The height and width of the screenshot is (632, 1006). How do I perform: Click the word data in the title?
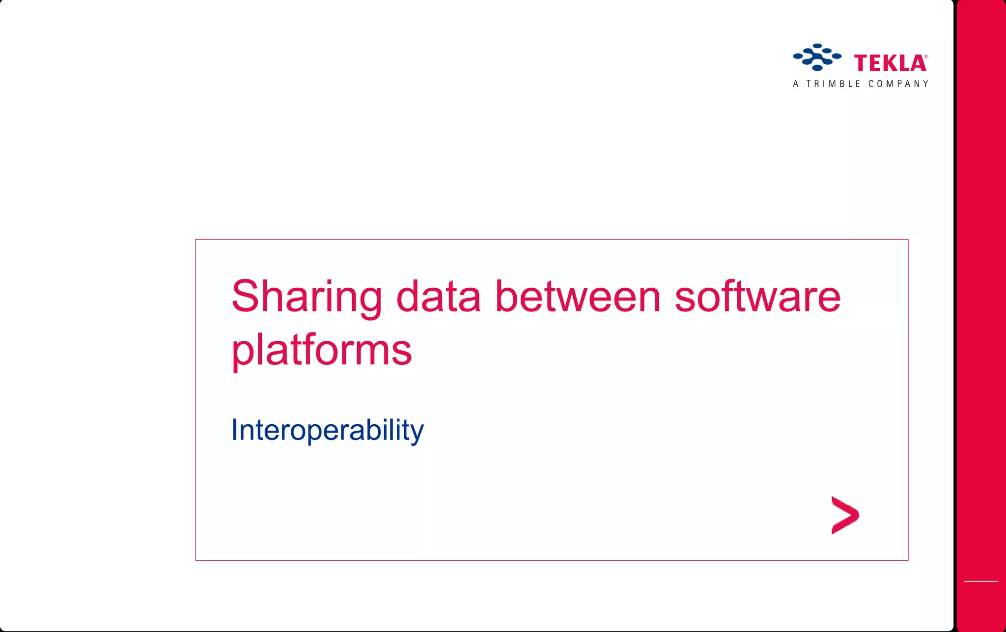tap(438, 298)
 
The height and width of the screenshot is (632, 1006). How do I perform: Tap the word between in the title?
tap(578, 298)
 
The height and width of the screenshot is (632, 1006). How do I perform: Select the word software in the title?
tap(757, 298)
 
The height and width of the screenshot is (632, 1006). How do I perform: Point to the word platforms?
tap(321, 351)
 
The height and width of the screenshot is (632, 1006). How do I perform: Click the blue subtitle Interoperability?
tap(327, 430)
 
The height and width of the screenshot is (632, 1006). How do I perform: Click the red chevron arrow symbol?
tap(845, 515)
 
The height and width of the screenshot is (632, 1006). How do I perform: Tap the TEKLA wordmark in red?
tap(890, 63)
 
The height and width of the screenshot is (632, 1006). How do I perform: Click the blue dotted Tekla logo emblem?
tap(817, 57)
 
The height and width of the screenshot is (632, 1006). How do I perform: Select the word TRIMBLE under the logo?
tap(833, 84)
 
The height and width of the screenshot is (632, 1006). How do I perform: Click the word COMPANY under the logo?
tap(898, 84)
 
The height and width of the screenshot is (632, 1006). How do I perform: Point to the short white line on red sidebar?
tap(981, 581)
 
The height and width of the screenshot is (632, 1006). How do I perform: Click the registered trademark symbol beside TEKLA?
tap(926, 57)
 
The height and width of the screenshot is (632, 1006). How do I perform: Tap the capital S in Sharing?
tap(245, 297)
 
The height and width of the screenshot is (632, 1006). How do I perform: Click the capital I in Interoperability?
tap(235, 430)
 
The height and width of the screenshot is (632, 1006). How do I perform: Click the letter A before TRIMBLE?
tap(796, 84)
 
